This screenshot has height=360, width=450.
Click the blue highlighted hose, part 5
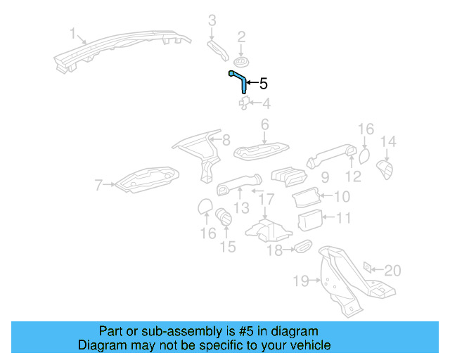pos(239,82)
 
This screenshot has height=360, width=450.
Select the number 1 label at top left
pos(72,32)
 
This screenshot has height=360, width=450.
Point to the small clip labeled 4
pos(244,104)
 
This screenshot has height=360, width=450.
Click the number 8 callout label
pos(225,141)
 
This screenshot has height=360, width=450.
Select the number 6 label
pos(265,125)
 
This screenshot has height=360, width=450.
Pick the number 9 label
pos(325,178)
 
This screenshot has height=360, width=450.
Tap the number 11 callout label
pos(342,219)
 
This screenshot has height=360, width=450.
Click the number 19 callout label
pos(300,281)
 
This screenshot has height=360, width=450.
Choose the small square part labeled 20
pos(367,269)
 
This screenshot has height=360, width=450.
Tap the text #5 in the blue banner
pos(265,331)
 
